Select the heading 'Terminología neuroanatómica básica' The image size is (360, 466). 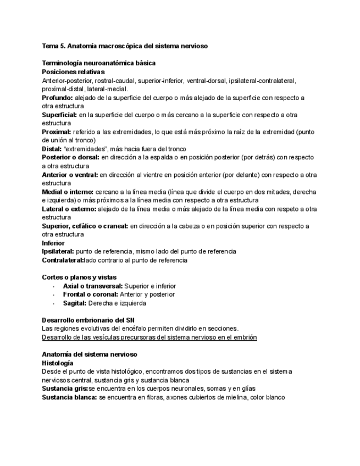(98, 63)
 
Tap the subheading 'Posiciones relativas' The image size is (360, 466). (73, 71)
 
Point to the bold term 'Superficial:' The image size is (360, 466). (60, 115)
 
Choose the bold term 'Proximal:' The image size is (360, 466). (57, 132)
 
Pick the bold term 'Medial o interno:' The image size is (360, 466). (68, 192)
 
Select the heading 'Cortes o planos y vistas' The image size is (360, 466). (79, 277)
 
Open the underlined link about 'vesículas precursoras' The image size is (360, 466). (149, 337)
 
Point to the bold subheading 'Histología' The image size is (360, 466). (57, 363)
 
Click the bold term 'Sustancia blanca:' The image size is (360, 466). (69, 397)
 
